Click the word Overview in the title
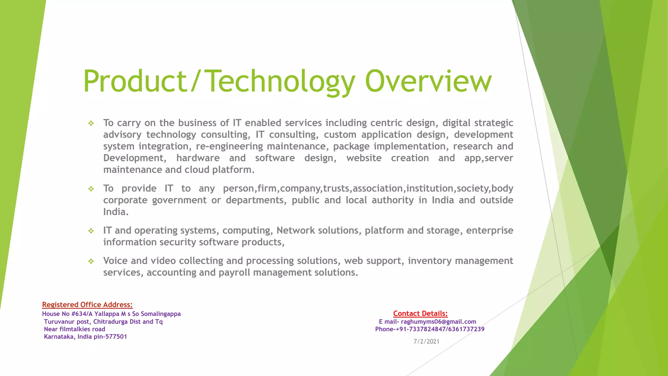[428, 81]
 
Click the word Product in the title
[134, 81]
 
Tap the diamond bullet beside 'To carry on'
[91, 123]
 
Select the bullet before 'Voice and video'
[91, 261]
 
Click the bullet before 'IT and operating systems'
[91, 231]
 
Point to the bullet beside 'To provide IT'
[91, 189]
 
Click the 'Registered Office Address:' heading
[87, 305]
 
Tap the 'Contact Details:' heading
[420, 314]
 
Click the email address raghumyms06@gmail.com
[438, 322]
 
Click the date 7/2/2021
[426, 342]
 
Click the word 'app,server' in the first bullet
[489, 158]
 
